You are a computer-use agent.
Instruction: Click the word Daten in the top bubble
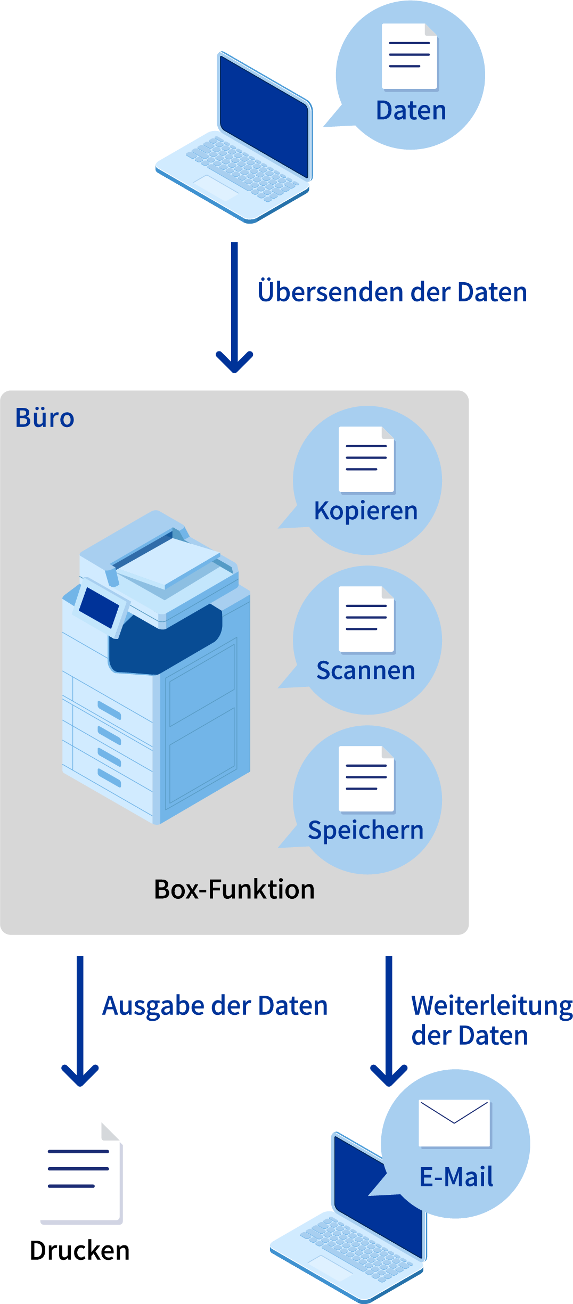(411, 111)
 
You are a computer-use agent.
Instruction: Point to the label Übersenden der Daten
(392, 292)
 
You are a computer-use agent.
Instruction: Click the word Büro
(45, 417)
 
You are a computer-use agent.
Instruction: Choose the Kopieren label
(366, 511)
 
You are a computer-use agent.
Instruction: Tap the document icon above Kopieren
(366, 459)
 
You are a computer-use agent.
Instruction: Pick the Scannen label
(366, 670)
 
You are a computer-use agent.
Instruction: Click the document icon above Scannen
(366, 619)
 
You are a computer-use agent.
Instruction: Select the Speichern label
(366, 830)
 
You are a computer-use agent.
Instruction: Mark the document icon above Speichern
(366, 778)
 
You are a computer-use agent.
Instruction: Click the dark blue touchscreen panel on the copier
(100, 607)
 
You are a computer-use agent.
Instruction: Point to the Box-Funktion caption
(234, 889)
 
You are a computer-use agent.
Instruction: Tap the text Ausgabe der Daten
(215, 1006)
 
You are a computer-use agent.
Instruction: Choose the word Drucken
(80, 1250)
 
